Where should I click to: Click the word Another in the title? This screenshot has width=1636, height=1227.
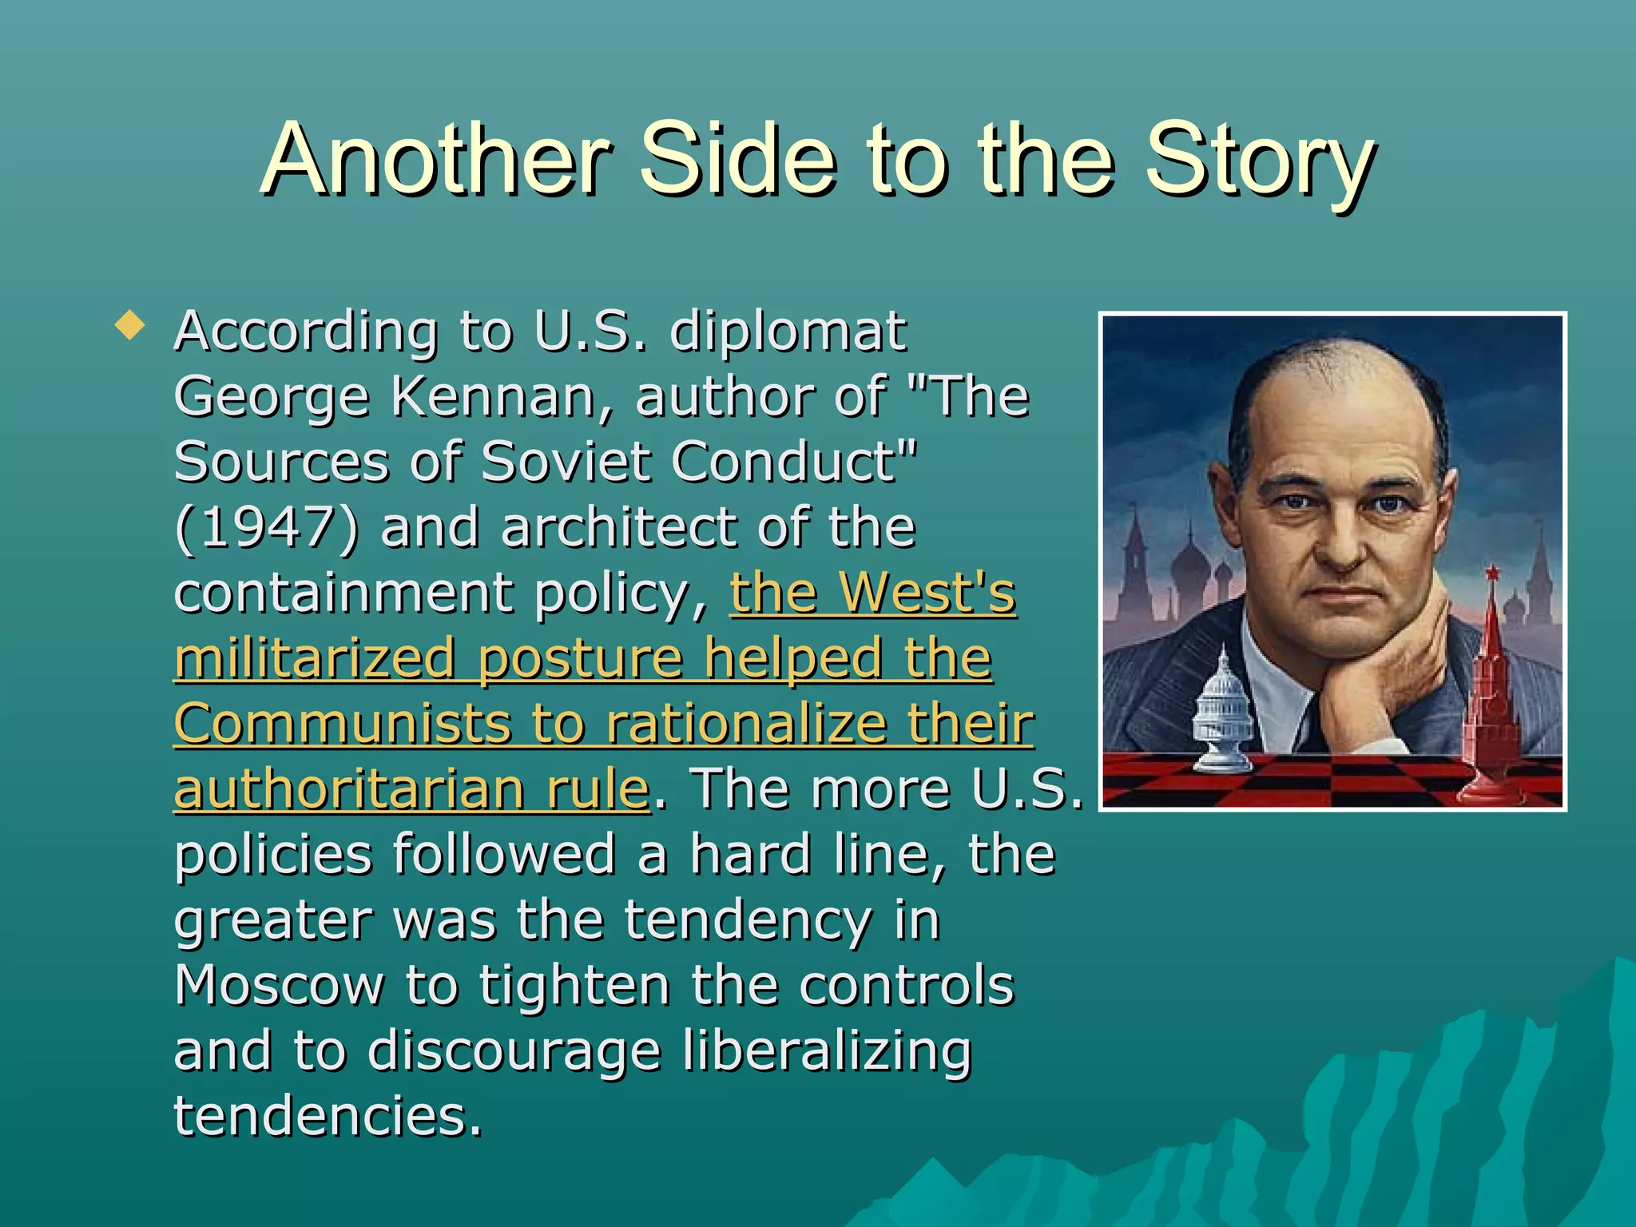coord(436,160)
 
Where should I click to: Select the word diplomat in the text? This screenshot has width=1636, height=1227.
coord(788,331)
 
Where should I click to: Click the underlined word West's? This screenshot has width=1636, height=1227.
coord(927,593)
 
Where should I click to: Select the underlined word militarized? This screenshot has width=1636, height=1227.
coord(316,658)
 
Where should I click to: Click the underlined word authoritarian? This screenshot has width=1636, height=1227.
coord(349,789)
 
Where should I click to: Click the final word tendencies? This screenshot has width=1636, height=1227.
coord(328,1117)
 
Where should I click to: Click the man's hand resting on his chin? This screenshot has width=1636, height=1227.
coord(1382,679)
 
